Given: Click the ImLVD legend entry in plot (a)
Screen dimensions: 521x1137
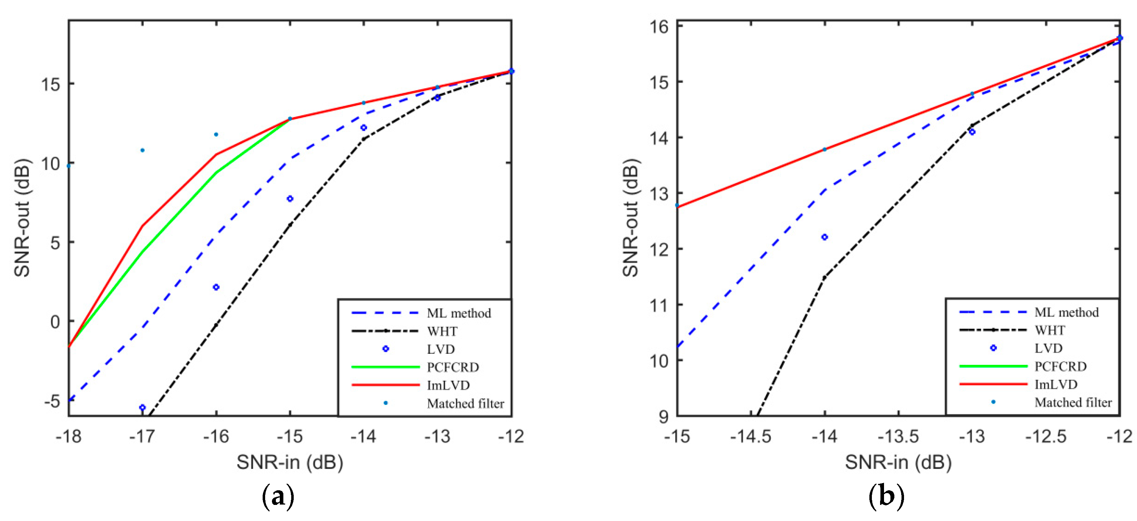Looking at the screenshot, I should coord(448,386).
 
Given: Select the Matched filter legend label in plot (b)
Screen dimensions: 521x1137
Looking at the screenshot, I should coord(1073,402).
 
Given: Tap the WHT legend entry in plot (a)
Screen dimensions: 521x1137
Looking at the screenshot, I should coord(442,331).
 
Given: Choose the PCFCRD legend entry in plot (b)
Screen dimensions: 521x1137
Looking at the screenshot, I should coord(1060,366).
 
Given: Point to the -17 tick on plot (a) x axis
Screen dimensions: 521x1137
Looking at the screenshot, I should coord(142,437).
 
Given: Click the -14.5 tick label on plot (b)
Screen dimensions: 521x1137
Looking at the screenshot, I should coord(750,437).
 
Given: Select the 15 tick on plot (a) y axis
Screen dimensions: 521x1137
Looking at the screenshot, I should coord(51,84).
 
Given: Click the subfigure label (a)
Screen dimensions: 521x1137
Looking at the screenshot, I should coord(278,497).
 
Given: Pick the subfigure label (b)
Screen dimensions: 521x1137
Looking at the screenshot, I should coord(886,497).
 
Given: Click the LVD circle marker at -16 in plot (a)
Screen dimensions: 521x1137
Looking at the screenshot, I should coord(216,287).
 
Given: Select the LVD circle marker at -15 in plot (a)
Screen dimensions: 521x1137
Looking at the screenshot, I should coord(290,199).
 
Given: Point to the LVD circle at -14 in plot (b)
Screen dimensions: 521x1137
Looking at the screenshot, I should coord(824,237).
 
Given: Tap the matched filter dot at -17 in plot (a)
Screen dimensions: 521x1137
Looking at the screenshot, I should coord(142,150).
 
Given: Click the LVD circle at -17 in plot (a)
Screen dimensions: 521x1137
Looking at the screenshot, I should coord(142,407).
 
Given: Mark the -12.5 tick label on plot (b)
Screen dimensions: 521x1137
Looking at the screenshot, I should coord(1045,437).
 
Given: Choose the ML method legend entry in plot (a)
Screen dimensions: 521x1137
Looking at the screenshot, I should coord(458,313).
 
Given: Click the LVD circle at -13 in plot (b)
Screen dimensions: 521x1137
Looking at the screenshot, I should coord(972,132).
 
